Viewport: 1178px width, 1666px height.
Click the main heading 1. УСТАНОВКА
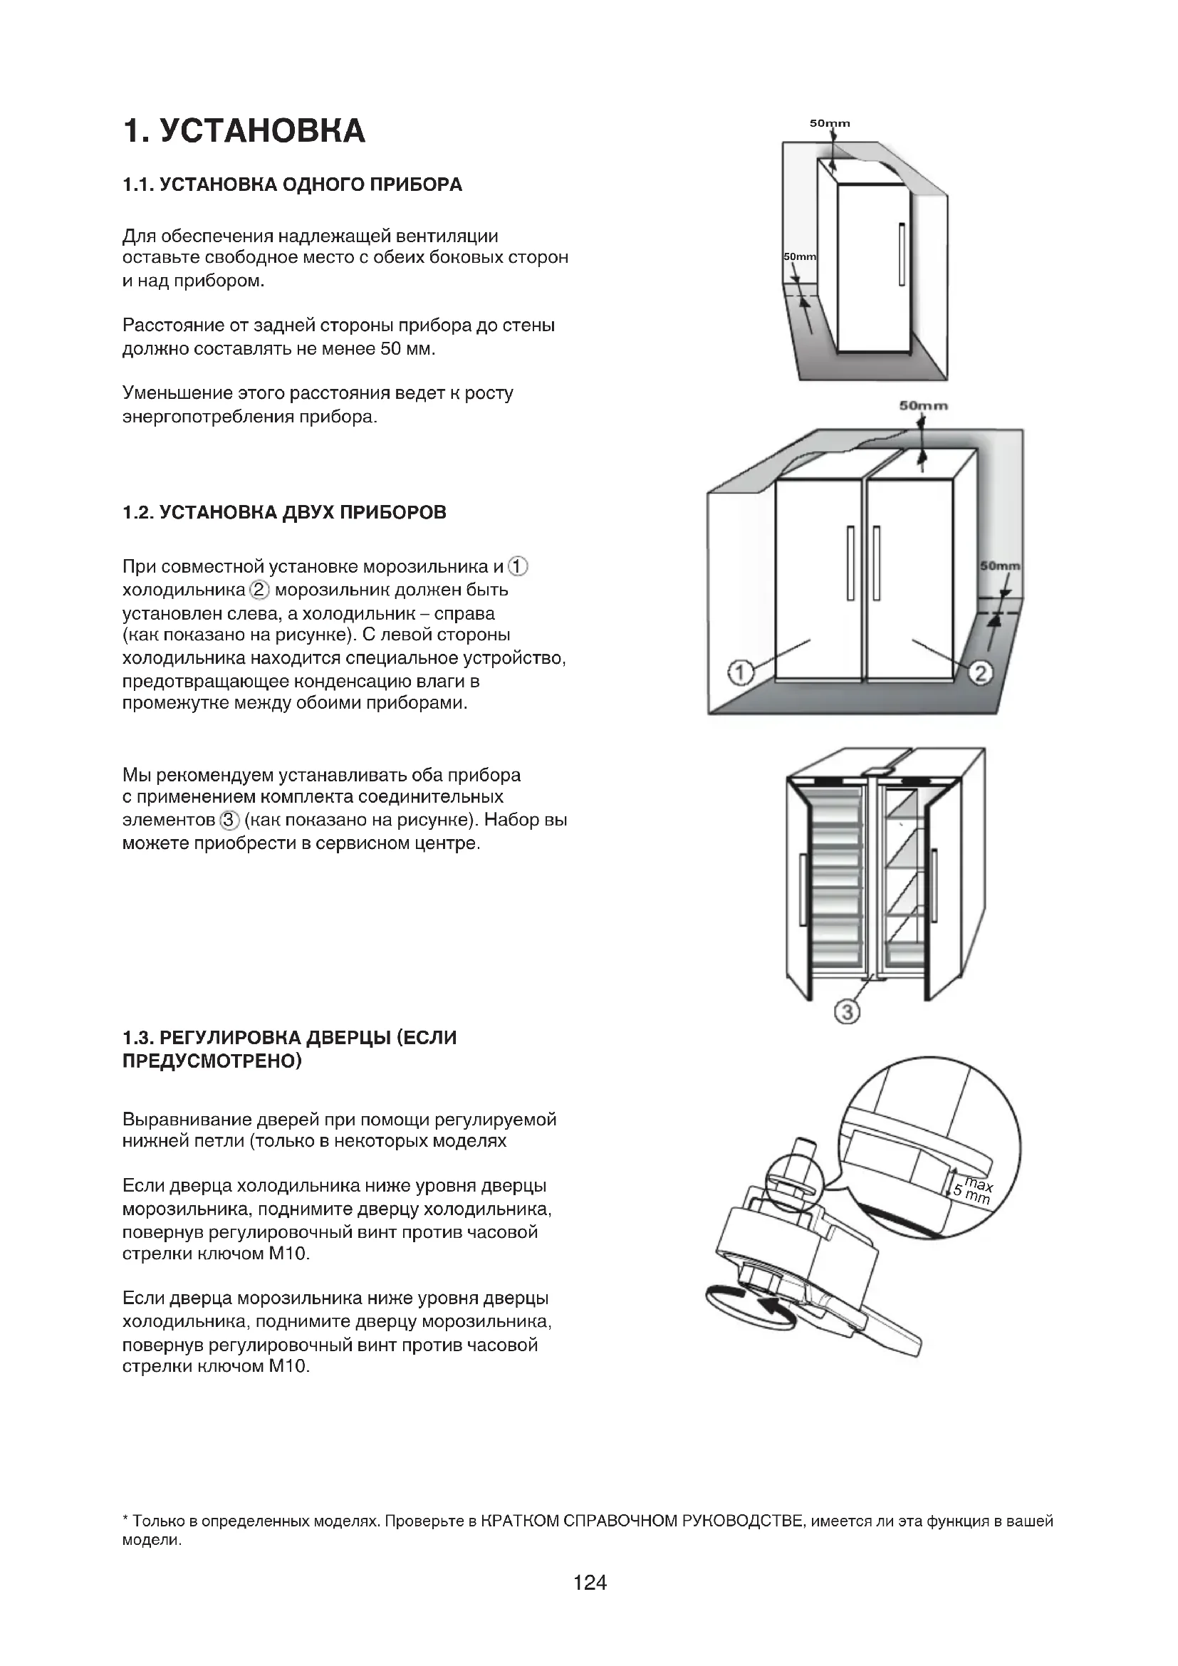point(244,131)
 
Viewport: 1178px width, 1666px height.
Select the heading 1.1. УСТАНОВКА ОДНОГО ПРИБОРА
point(291,184)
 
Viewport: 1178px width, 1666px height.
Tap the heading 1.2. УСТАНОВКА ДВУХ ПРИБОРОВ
point(284,513)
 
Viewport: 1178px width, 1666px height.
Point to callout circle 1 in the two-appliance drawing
point(740,673)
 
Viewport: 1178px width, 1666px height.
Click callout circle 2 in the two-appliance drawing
point(980,673)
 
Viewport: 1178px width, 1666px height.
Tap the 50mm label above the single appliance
point(830,123)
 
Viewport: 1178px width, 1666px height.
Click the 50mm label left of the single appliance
point(799,257)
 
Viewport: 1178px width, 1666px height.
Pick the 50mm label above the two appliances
point(924,405)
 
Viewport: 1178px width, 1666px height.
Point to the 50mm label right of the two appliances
point(999,566)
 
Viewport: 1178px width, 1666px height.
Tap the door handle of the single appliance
point(902,254)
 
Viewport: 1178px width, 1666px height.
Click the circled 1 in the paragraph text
point(518,566)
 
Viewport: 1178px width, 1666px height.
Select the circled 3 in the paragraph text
point(229,821)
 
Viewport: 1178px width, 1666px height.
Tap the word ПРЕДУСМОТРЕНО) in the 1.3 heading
point(212,1061)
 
